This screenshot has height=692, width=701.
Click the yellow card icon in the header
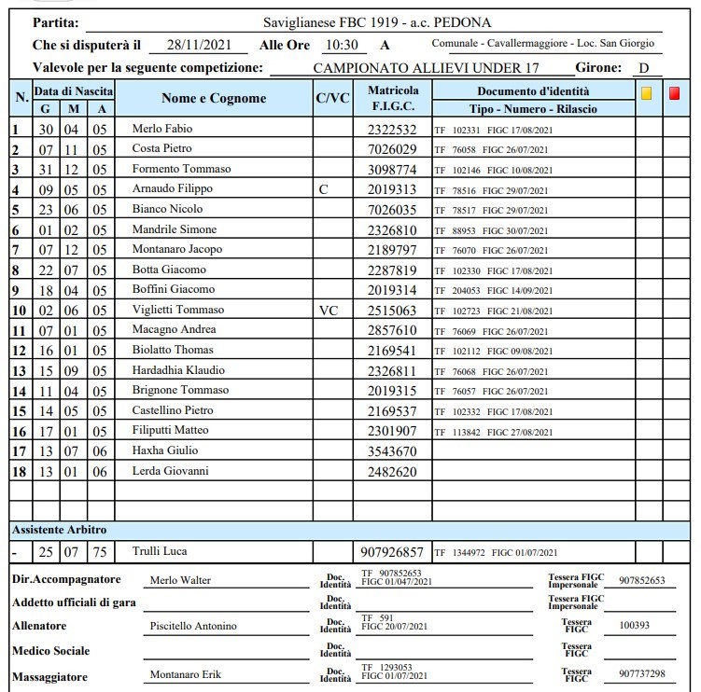pos(647,94)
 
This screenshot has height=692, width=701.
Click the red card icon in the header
pos(675,94)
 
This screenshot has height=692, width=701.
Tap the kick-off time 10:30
pos(341,44)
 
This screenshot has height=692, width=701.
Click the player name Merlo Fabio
pos(163,129)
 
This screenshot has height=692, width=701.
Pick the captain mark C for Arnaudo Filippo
pos(324,189)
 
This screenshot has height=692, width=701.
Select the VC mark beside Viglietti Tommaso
pos(329,310)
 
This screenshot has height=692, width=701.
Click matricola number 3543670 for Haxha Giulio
pos(393,451)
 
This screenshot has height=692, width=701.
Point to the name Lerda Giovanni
pos(170,471)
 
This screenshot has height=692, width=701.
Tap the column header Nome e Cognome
pos(214,98)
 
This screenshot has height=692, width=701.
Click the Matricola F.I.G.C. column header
pos(393,99)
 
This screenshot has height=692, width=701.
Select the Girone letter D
pos(643,68)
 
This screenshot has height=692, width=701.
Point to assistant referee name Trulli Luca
pos(160,551)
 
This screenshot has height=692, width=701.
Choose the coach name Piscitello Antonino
pos(193,626)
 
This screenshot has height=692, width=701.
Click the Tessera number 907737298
pos(642,674)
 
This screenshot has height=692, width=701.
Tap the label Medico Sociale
pos(50,650)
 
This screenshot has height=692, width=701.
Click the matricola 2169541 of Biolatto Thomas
pos(393,351)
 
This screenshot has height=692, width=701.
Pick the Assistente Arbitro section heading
pos(61,529)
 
